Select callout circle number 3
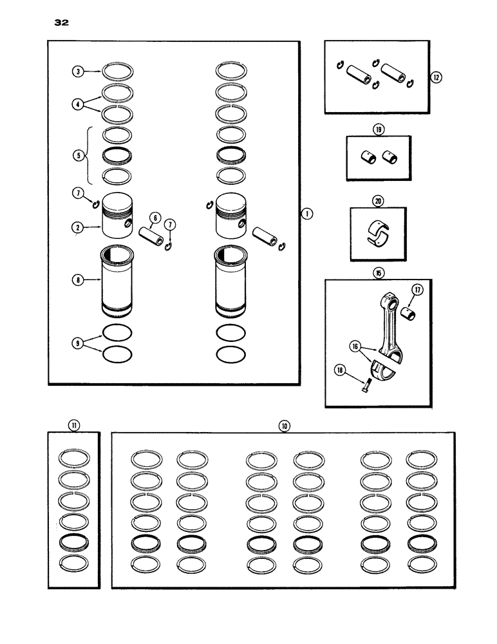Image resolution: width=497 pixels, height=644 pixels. pos(78,71)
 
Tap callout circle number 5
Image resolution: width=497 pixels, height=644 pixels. pos(78,155)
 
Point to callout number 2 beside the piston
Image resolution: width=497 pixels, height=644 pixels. pos(78,227)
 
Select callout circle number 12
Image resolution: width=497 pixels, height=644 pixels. pos(437,77)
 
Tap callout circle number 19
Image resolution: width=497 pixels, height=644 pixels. pos(378,129)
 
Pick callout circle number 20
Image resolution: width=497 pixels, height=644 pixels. pos(378,200)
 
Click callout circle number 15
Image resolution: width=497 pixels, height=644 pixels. pos(378,273)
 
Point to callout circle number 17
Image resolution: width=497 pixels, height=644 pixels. pos(417,290)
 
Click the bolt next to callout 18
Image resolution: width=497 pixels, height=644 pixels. pos(364,384)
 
